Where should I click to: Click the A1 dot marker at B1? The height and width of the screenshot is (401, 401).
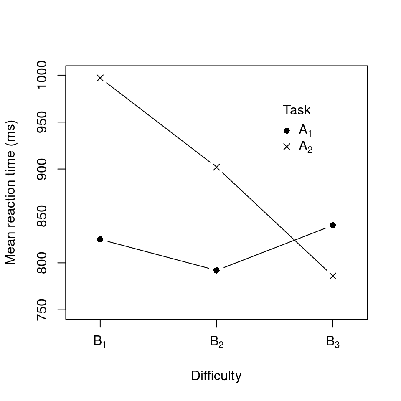100,239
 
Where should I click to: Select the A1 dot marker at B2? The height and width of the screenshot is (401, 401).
216,270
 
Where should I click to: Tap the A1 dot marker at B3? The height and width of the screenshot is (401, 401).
333,225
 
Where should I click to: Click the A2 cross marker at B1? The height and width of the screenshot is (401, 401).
100,78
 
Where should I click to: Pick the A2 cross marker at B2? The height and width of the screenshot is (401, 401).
216,167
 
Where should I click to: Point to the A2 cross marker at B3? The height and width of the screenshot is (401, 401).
333,276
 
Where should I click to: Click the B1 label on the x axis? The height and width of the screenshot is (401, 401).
100,342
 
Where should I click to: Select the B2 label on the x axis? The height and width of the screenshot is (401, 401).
216,342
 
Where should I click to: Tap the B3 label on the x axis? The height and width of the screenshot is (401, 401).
333,342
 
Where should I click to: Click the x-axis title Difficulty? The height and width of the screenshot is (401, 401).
216,376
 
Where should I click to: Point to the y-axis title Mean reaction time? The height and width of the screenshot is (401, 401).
11,193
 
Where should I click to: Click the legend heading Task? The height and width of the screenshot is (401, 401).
297,110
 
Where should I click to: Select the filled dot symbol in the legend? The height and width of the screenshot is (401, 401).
287,131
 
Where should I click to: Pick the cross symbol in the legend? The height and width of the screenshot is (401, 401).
287,147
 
